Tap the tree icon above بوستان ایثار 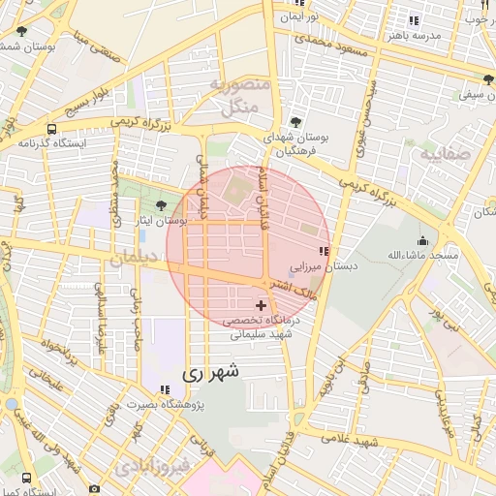(x=161, y=204)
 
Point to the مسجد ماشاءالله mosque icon (x=421, y=240)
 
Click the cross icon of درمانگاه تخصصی (x=261, y=305)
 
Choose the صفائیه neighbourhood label (x=447, y=153)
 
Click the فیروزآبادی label (x=157, y=468)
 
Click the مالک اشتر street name (x=295, y=287)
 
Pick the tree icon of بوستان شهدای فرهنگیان (x=294, y=123)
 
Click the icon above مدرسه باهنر (x=414, y=20)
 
